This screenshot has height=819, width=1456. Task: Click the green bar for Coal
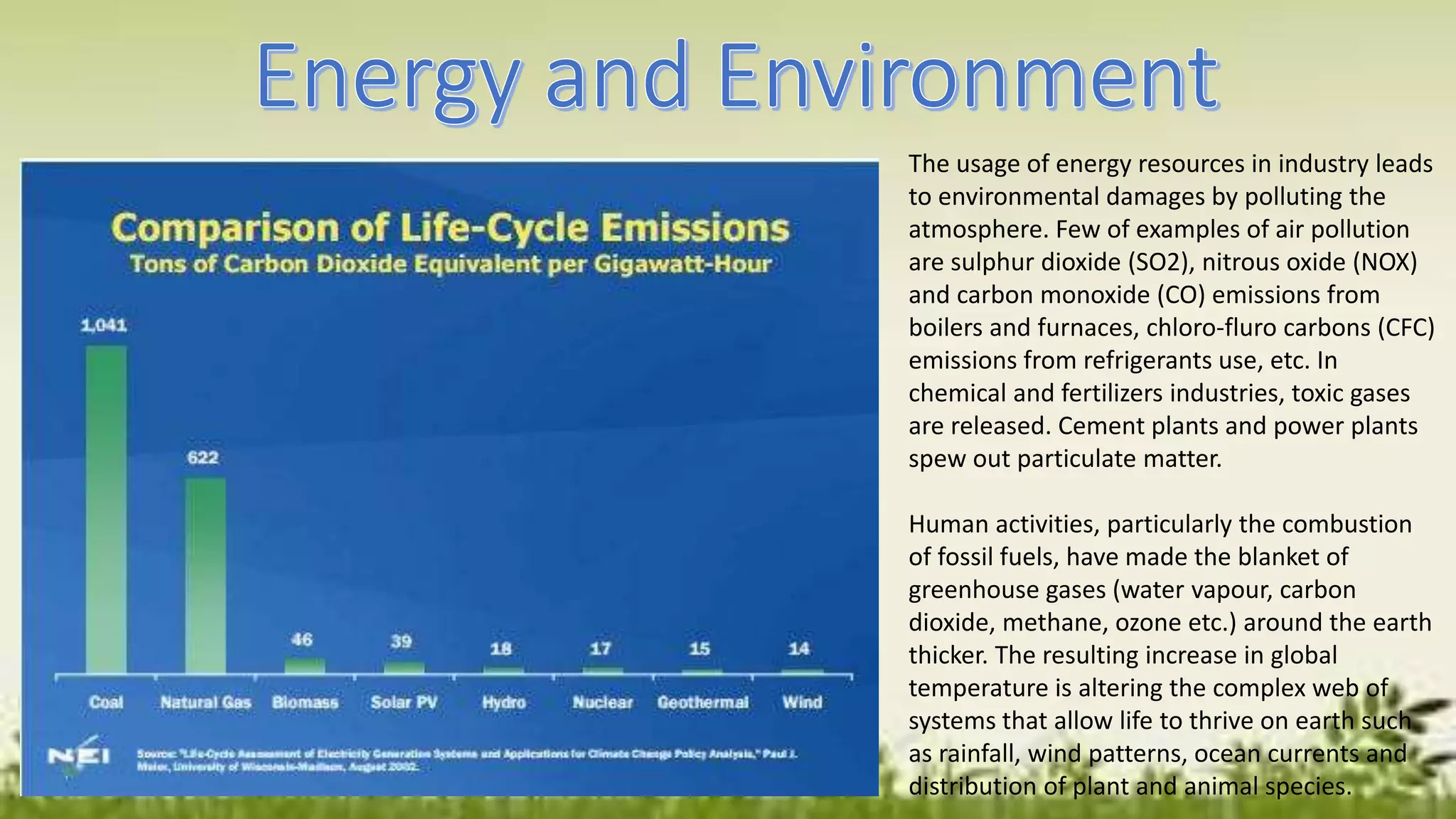107,508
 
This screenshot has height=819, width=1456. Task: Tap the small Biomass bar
305,666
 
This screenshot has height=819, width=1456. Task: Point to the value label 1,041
104,326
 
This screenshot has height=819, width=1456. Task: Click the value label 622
203,458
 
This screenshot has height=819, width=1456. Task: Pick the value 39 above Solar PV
401,641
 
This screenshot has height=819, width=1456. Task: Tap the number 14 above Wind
798,648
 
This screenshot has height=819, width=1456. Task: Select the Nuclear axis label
602,702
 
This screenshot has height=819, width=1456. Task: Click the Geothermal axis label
702,702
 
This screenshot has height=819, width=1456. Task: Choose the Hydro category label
503,702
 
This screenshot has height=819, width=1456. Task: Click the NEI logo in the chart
78,756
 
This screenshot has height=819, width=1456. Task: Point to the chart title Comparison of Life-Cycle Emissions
450,228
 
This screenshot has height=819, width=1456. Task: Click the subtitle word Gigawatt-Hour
682,264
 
